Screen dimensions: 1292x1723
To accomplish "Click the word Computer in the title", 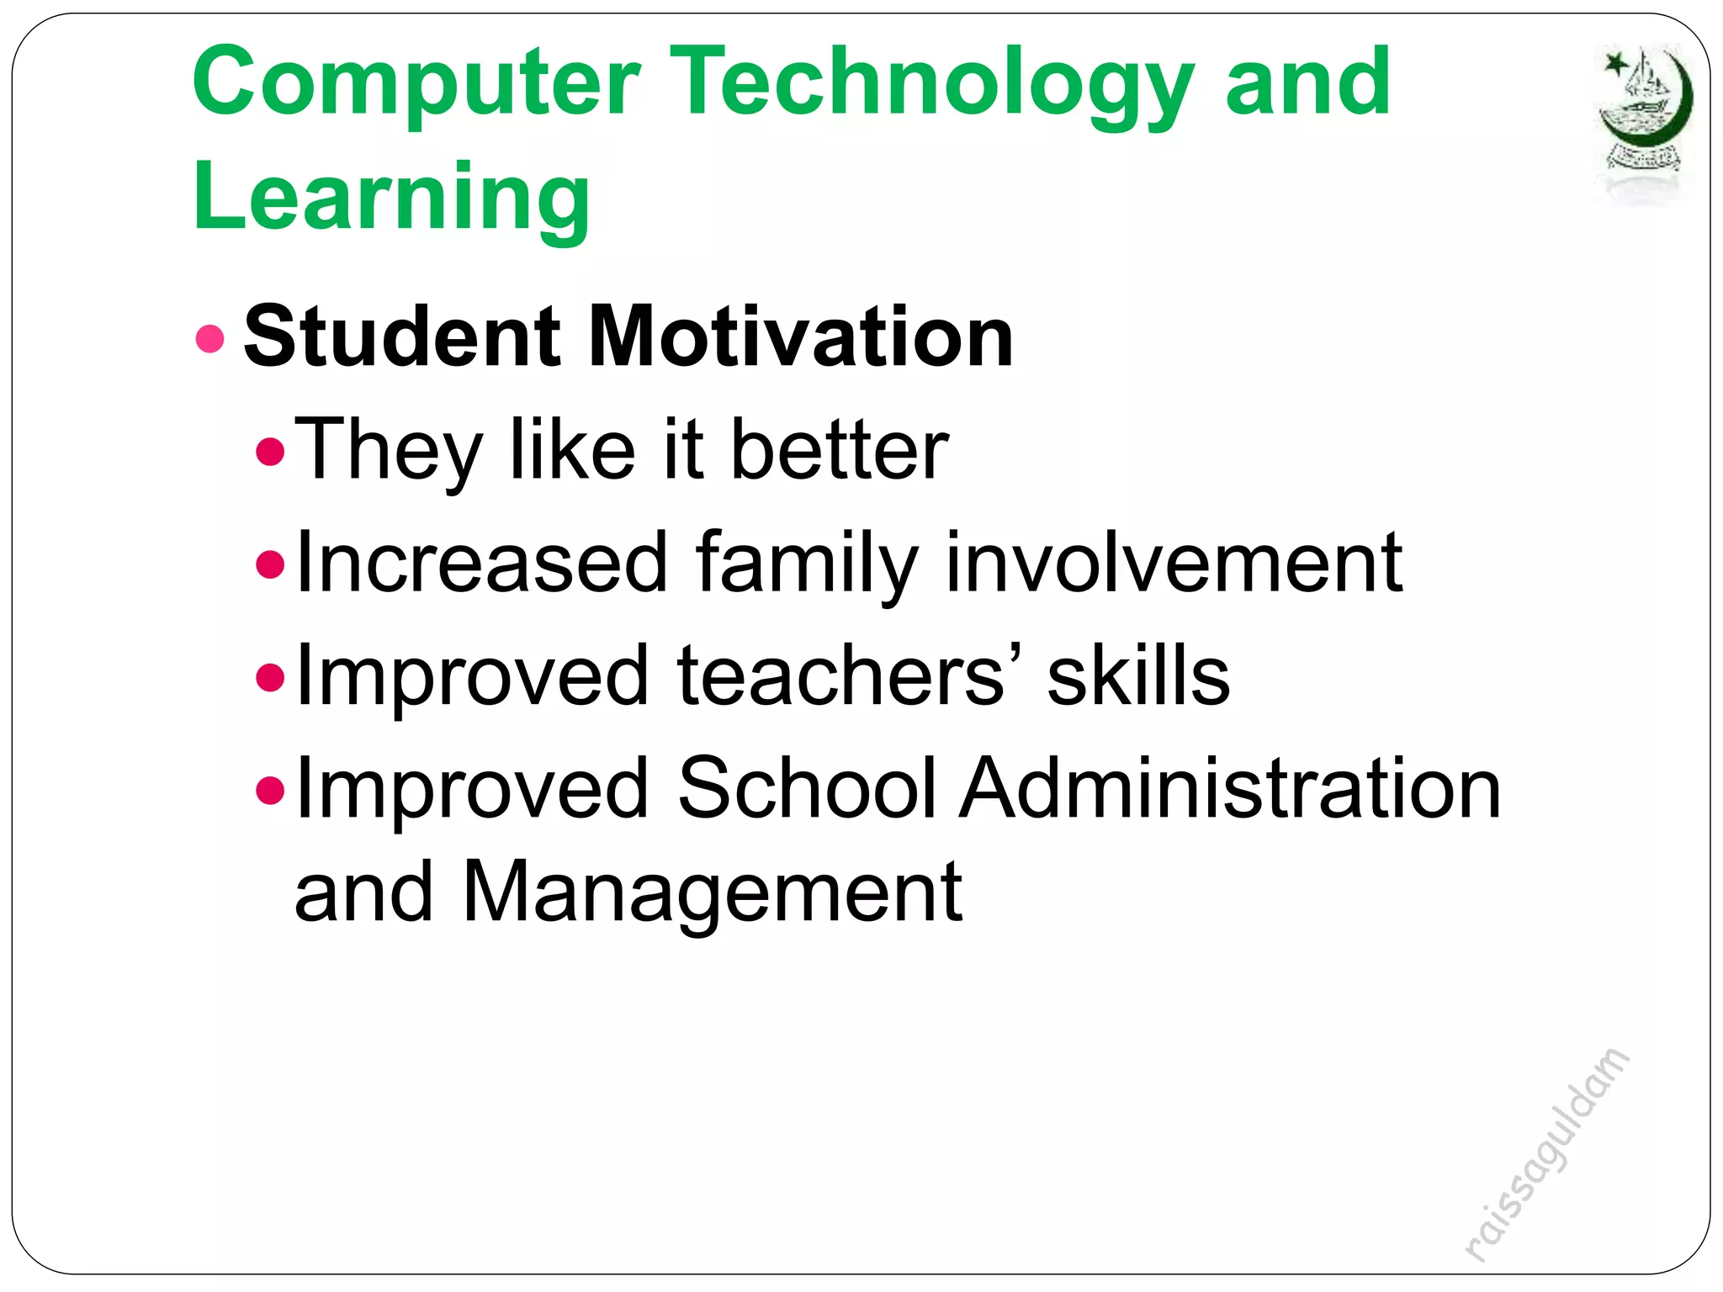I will coord(416,84).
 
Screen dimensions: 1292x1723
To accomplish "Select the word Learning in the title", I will coord(391,198).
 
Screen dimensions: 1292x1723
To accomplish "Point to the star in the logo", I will coord(1615,64).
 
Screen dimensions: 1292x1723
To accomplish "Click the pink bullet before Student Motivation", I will coord(209,339).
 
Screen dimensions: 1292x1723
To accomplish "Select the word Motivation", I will coord(800,336).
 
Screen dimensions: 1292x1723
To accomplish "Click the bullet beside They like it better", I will coord(270,453).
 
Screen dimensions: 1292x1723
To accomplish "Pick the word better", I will coord(840,451).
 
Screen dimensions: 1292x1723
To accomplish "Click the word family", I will coord(806,564).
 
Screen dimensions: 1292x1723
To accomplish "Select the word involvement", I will coord(1174,564).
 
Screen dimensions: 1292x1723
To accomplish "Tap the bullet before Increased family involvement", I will coord(270,564).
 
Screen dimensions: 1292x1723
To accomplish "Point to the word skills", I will coord(1138,675).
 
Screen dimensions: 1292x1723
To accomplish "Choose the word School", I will coord(807,788).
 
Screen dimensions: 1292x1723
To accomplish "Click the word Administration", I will coord(1230,788).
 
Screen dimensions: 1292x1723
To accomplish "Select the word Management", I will coord(712,893).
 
